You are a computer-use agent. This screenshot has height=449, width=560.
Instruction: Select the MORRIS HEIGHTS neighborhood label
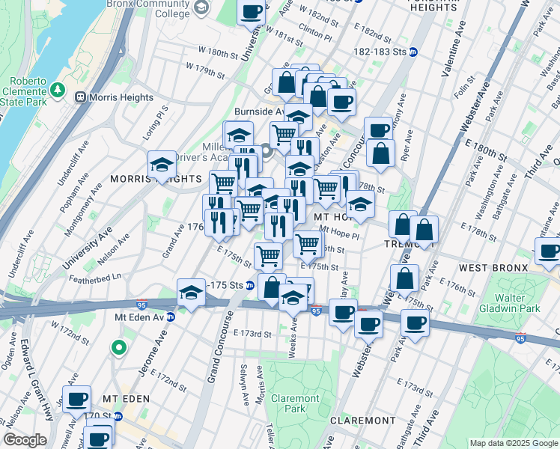pyautogui.click(x=156, y=180)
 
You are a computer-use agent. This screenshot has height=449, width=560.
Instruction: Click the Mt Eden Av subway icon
pyautogui.click(x=171, y=317)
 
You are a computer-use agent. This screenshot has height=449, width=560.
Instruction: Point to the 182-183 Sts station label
pyautogui.click(x=381, y=52)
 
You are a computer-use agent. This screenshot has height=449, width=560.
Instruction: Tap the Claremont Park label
pyautogui.click(x=295, y=403)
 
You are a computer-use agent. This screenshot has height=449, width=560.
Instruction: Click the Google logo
pyautogui.click(x=25, y=440)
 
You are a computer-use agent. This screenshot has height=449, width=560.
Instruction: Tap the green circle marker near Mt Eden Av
pyautogui.click(x=118, y=347)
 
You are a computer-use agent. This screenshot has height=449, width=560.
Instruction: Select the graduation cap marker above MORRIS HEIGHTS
pyautogui.click(x=162, y=166)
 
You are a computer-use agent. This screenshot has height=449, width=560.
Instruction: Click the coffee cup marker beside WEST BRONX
pyautogui.click(x=549, y=253)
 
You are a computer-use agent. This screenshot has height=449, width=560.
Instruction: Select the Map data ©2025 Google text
pyautogui.click(x=513, y=443)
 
